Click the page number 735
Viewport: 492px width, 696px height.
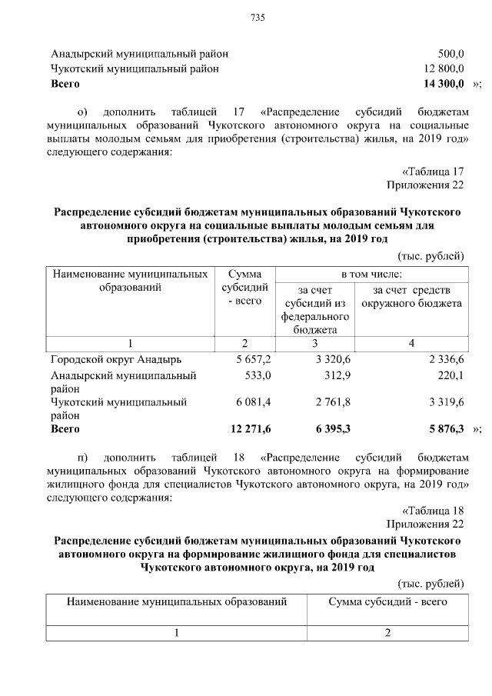tap(258, 20)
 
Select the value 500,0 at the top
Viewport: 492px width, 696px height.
tap(450, 55)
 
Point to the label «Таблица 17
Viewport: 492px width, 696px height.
tap(434, 171)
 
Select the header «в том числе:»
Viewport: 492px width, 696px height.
tap(371, 274)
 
